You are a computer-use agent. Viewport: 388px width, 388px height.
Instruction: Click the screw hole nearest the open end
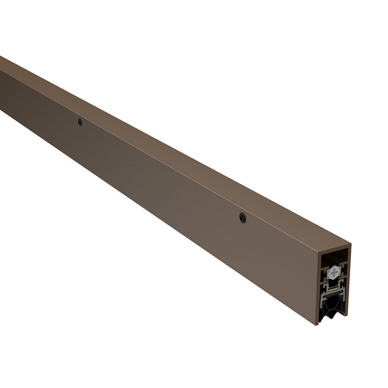(242, 218)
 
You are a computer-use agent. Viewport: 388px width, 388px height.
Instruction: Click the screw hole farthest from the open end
(80, 122)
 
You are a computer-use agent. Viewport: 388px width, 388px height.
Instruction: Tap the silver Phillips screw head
(334, 273)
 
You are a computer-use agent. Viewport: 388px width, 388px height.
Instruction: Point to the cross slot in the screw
(334, 272)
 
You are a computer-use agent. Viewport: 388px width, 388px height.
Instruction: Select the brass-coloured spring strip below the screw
(333, 290)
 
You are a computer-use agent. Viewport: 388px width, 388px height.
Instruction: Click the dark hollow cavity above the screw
(334, 257)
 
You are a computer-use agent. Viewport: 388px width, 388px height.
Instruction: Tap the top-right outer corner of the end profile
(351, 244)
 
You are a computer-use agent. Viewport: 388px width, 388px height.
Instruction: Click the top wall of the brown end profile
(334, 250)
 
